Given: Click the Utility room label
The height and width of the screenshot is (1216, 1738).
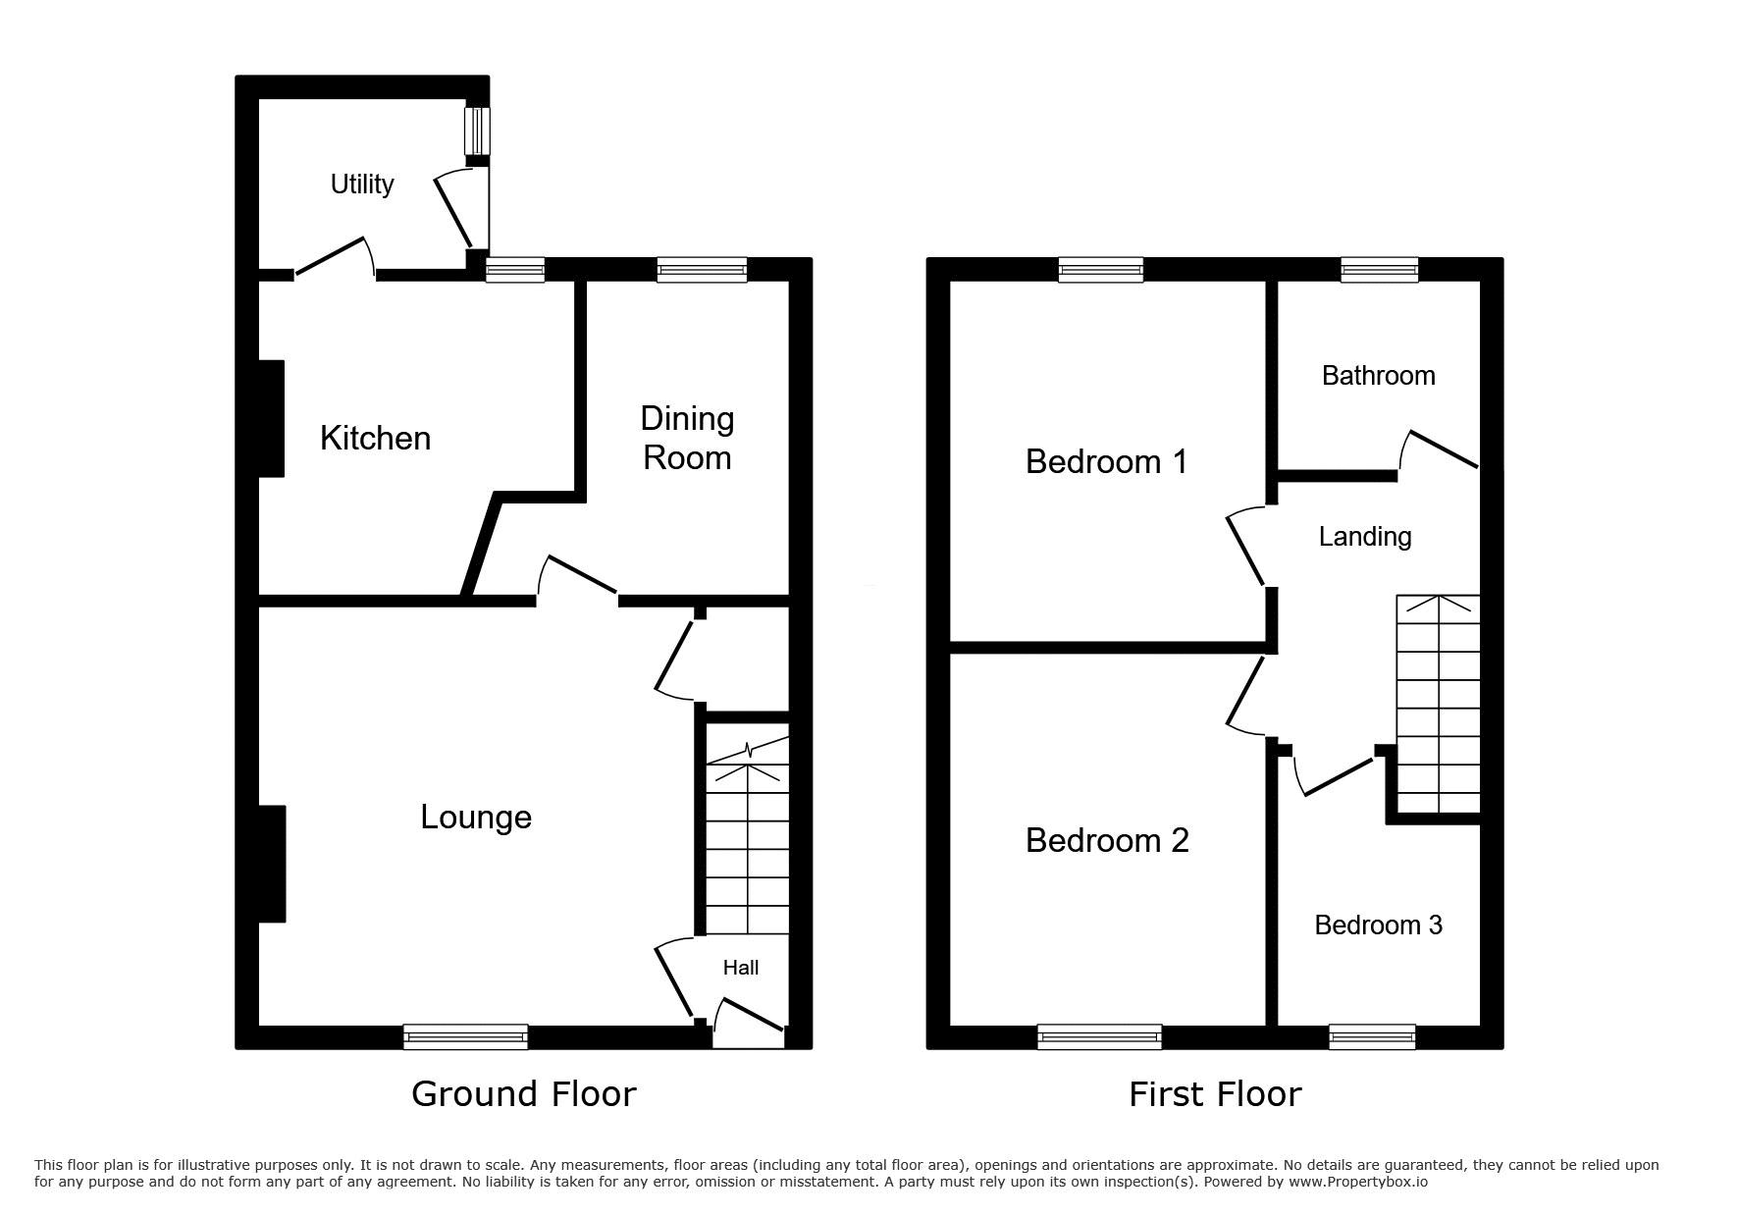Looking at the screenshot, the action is [x=362, y=185].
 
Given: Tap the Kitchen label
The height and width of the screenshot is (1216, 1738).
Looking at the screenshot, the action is [x=376, y=438].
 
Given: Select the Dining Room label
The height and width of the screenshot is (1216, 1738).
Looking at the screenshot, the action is [x=687, y=438].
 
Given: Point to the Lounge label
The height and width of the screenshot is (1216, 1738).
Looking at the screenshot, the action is [x=476, y=817].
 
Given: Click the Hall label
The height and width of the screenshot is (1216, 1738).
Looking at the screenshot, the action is [x=741, y=968].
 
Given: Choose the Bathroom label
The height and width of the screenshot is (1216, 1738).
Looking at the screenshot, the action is [x=1379, y=375].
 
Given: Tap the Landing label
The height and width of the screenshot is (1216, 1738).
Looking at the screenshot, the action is [x=1365, y=537].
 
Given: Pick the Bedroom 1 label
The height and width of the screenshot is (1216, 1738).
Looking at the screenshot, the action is [x=1107, y=461].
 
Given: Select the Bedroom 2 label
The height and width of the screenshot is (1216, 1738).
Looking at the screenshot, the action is [x=1107, y=840].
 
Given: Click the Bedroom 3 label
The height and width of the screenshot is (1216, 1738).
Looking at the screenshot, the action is [x=1379, y=925].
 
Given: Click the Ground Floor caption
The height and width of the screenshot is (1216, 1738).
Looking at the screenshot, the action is [x=524, y=1093].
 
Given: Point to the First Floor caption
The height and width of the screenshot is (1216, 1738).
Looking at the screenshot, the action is [x=1215, y=1093].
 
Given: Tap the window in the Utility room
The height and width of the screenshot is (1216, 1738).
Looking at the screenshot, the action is [x=477, y=131].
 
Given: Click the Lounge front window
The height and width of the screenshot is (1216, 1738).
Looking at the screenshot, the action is [x=465, y=1036].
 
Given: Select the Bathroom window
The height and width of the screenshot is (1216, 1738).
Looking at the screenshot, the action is [x=1380, y=269].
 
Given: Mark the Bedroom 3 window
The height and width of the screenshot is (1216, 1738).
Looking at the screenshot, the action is [x=1372, y=1036].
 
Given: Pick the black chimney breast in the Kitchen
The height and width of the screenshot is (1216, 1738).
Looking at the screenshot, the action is [x=271, y=419].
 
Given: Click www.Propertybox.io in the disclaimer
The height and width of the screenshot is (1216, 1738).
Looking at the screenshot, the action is [x=1358, y=1182].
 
